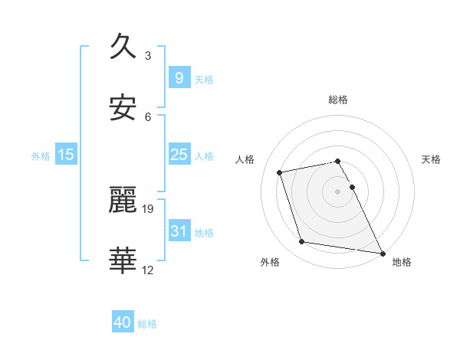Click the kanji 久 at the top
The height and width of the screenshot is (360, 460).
pos(123,48)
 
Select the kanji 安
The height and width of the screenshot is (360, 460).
pos(123,109)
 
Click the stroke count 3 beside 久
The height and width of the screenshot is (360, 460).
pos(148,56)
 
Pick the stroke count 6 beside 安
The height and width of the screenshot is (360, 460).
pos(148,116)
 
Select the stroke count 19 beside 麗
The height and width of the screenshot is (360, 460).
pos(149,208)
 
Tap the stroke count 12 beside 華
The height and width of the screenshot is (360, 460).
pos(149,269)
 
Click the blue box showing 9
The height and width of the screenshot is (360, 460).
pos(179,78)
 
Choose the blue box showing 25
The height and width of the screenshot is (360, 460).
pos(179,155)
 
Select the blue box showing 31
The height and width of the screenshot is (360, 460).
pos(179,231)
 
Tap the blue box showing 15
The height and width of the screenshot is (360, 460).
pos(66,155)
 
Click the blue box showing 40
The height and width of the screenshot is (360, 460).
pos(123,322)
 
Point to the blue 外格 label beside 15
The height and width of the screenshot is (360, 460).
pos(41,156)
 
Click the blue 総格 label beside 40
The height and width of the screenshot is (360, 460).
pos(147,324)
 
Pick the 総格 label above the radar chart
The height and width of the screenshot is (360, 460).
pos(338,100)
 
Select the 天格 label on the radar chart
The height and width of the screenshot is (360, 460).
pos(432,159)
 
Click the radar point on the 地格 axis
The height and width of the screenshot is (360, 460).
pos(382,253)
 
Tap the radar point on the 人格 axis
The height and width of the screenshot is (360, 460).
pos(280,172)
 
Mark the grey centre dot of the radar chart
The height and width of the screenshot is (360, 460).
pos(338,191)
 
